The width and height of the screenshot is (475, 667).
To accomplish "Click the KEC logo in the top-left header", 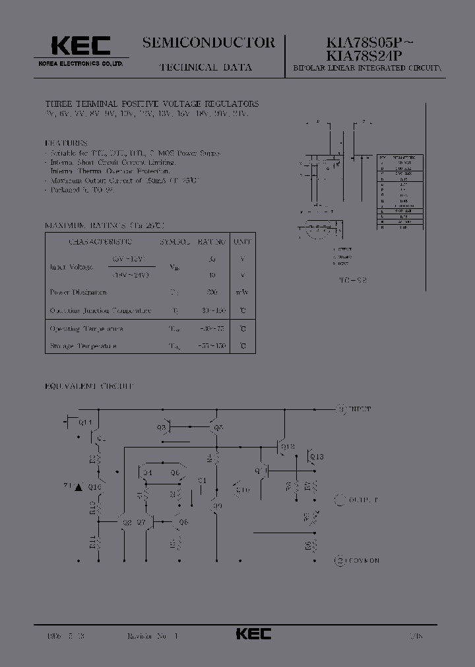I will click(80, 45).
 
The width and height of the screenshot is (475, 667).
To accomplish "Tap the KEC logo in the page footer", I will click(253, 633).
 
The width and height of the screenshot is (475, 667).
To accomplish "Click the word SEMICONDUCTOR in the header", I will click(208, 43).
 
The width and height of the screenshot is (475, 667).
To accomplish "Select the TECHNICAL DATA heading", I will click(205, 67).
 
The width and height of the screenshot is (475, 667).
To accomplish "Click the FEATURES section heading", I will click(66, 142).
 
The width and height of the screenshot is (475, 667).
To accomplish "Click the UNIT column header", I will click(243, 242).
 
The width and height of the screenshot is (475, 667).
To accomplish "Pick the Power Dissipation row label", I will click(78, 292).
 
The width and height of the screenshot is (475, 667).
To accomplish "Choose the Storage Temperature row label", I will click(83, 345).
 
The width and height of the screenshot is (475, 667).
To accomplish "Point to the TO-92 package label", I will click(354, 280).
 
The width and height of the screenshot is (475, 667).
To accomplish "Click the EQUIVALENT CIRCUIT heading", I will click(88, 385).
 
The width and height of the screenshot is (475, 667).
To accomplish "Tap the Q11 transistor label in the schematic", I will click(86, 422).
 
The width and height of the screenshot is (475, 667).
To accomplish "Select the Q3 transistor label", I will click(161, 428).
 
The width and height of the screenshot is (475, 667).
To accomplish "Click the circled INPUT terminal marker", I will click(341, 409).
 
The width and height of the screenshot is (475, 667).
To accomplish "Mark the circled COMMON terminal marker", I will click(340, 560).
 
